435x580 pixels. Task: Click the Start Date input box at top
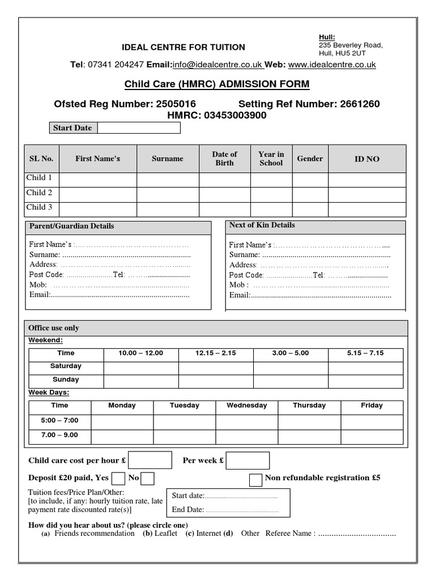point(139,128)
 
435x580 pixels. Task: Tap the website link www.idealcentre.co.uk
point(331,65)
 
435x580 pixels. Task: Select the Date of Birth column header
point(224,159)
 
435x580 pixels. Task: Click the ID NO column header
point(366,159)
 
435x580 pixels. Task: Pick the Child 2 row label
point(39,193)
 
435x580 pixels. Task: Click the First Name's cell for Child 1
point(97,180)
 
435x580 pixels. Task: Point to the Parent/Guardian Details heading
point(71,226)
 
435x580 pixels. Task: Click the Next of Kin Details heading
point(262,225)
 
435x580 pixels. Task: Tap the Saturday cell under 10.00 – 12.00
point(140,367)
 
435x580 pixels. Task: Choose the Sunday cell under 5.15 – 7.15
point(365,381)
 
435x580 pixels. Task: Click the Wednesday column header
point(246,406)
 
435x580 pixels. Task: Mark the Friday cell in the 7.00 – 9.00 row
point(372,436)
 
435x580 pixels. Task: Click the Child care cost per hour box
point(150,460)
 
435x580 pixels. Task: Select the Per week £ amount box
point(248,460)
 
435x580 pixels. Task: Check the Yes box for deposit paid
point(118,479)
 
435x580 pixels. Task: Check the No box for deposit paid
point(147,479)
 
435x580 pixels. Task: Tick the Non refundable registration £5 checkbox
point(255,479)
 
